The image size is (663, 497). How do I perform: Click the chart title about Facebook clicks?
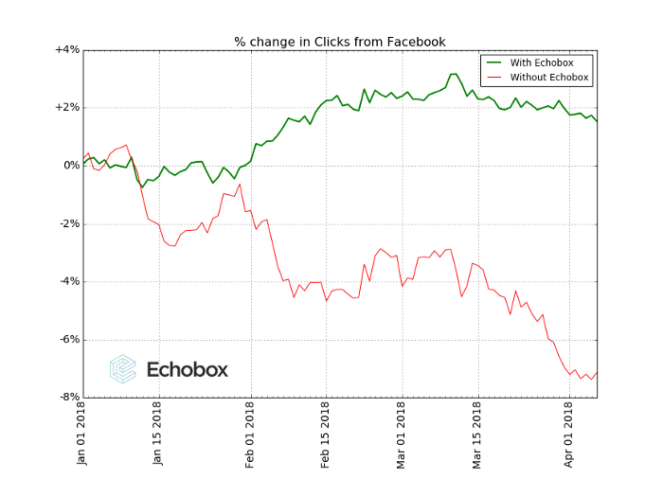point(340,42)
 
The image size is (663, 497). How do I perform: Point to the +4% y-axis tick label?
point(66,49)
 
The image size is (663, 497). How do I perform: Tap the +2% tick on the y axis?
point(66,107)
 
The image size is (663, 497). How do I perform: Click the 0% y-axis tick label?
point(70,166)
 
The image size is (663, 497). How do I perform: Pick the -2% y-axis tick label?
point(67,223)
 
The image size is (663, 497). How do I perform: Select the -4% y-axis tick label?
point(67,281)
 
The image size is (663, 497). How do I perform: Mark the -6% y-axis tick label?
point(67,339)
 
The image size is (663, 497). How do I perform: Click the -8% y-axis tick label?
point(67,397)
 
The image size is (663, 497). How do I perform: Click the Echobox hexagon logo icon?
point(123,368)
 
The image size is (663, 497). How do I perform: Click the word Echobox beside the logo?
point(188,369)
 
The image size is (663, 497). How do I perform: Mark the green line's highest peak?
point(455,73)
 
